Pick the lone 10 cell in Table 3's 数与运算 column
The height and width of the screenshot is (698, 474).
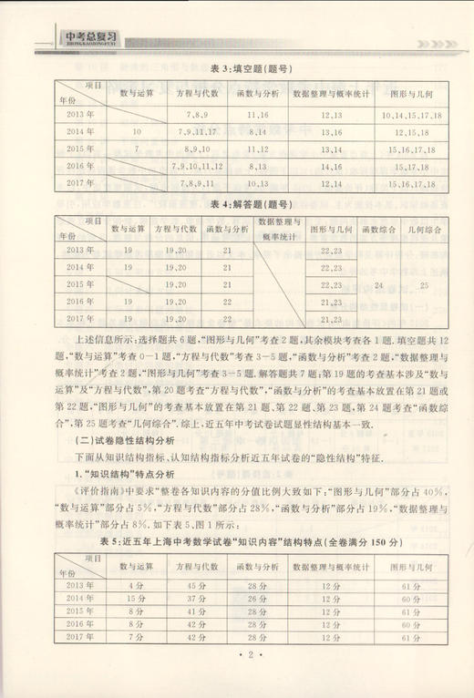[137, 132]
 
